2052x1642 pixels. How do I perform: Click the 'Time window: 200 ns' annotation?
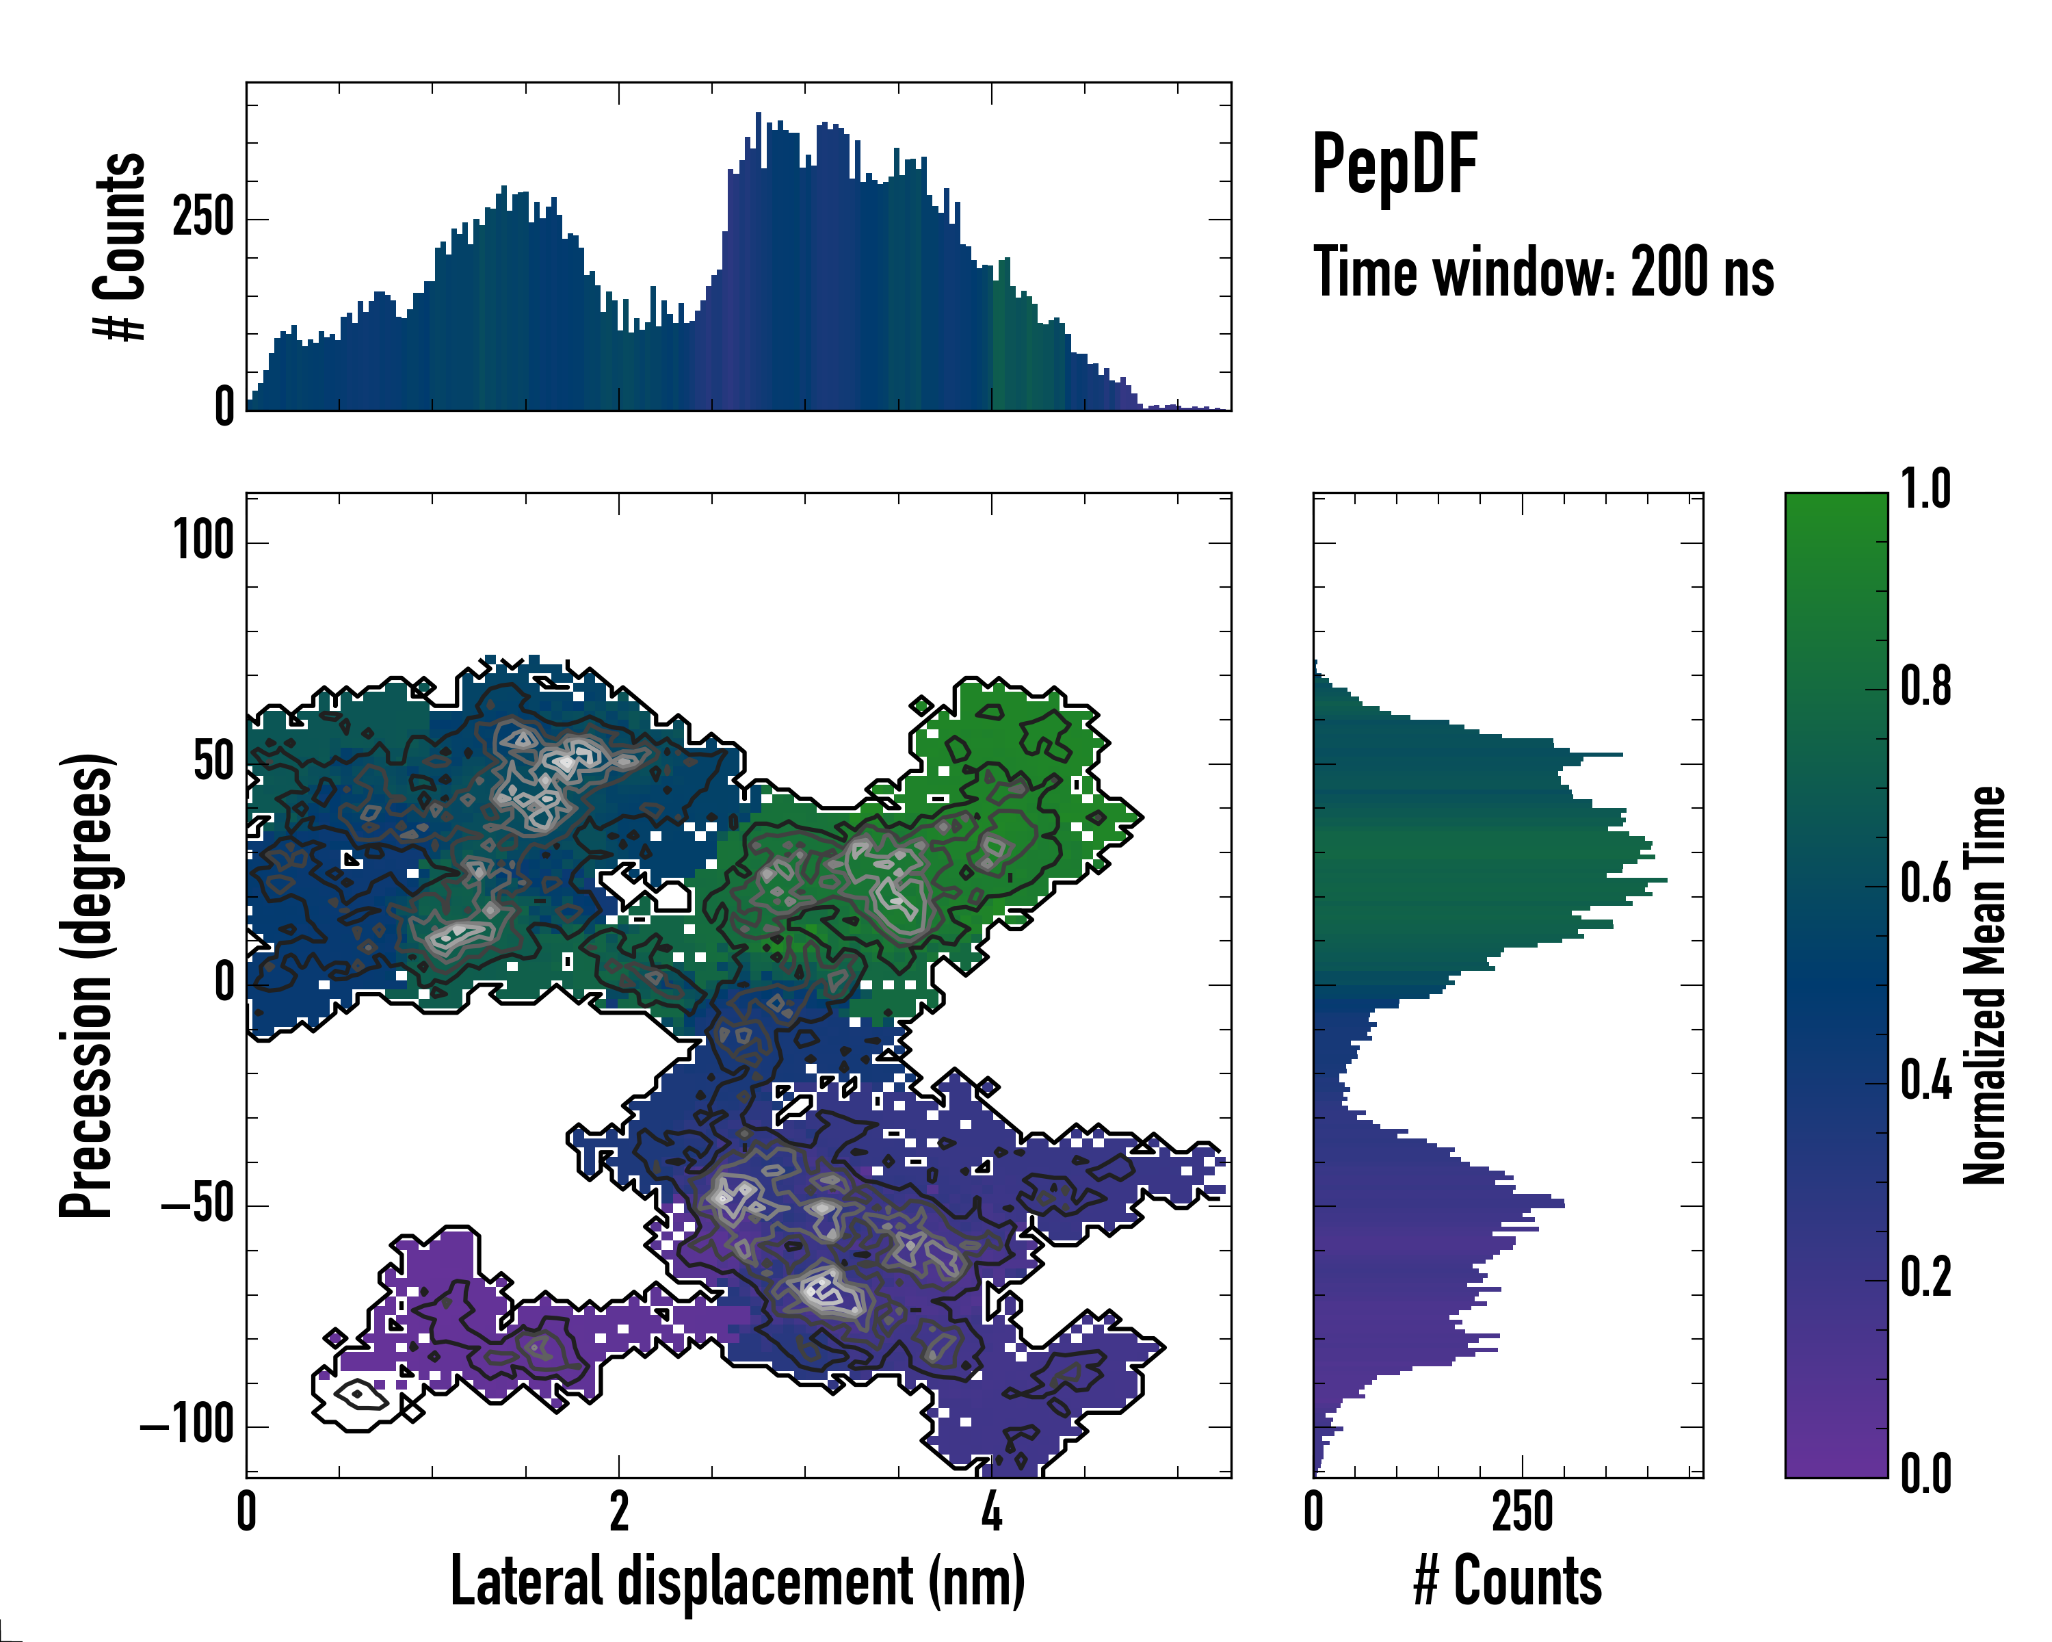[x=1543, y=272]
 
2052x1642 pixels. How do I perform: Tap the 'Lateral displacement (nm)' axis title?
[x=737, y=1582]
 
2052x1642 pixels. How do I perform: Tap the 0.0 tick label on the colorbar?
[x=1925, y=1472]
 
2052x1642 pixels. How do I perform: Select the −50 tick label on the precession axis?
[x=197, y=1205]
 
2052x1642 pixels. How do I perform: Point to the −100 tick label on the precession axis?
[x=187, y=1426]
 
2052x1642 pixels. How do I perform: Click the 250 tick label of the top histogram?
[x=202, y=218]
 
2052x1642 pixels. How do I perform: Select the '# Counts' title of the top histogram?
[x=120, y=246]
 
